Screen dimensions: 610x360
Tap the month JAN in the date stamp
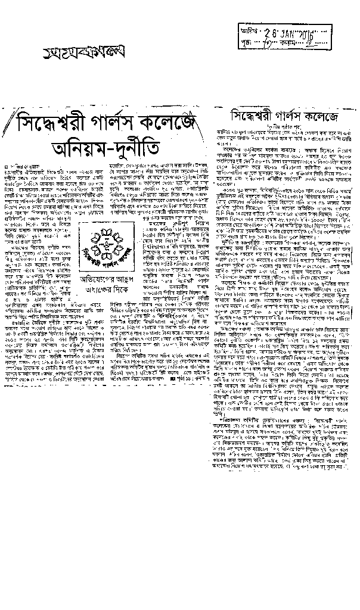tap(294, 34)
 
